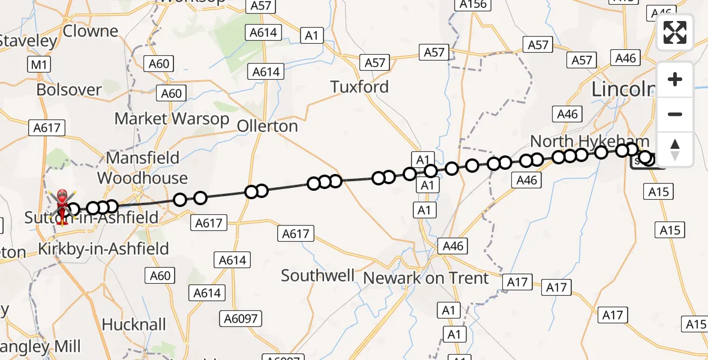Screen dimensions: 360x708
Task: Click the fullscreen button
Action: pos(675,33)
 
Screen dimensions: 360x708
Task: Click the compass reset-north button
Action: pos(675,149)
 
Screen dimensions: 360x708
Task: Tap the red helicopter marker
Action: pos(62,206)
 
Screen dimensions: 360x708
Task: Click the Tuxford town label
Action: pos(360,87)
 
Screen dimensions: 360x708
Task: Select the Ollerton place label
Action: pos(267,126)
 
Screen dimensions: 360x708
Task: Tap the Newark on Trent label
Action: pos(427,278)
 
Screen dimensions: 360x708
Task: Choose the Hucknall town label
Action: pos(134,325)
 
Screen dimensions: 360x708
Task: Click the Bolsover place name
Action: pos(69,90)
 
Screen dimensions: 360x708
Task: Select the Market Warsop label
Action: pos(172,119)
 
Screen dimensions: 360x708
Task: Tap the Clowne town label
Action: pos(91,31)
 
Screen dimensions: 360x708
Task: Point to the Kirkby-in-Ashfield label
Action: pos(103,248)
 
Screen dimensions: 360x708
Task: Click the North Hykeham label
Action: pos(589,142)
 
